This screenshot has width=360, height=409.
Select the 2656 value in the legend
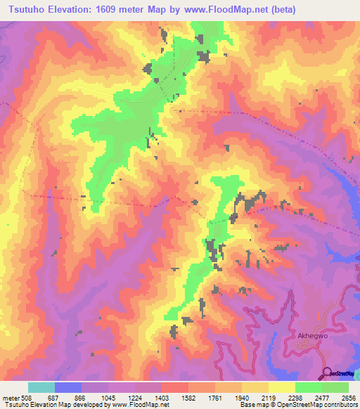coord(348,397)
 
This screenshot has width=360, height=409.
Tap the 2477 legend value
coord(322,397)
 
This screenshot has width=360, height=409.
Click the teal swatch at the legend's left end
coord(41,387)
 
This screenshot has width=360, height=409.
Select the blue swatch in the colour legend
coord(68,387)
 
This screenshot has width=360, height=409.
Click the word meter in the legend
coord(11,397)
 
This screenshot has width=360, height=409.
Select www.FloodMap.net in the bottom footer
coord(143,405)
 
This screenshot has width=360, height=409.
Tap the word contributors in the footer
coord(339,405)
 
